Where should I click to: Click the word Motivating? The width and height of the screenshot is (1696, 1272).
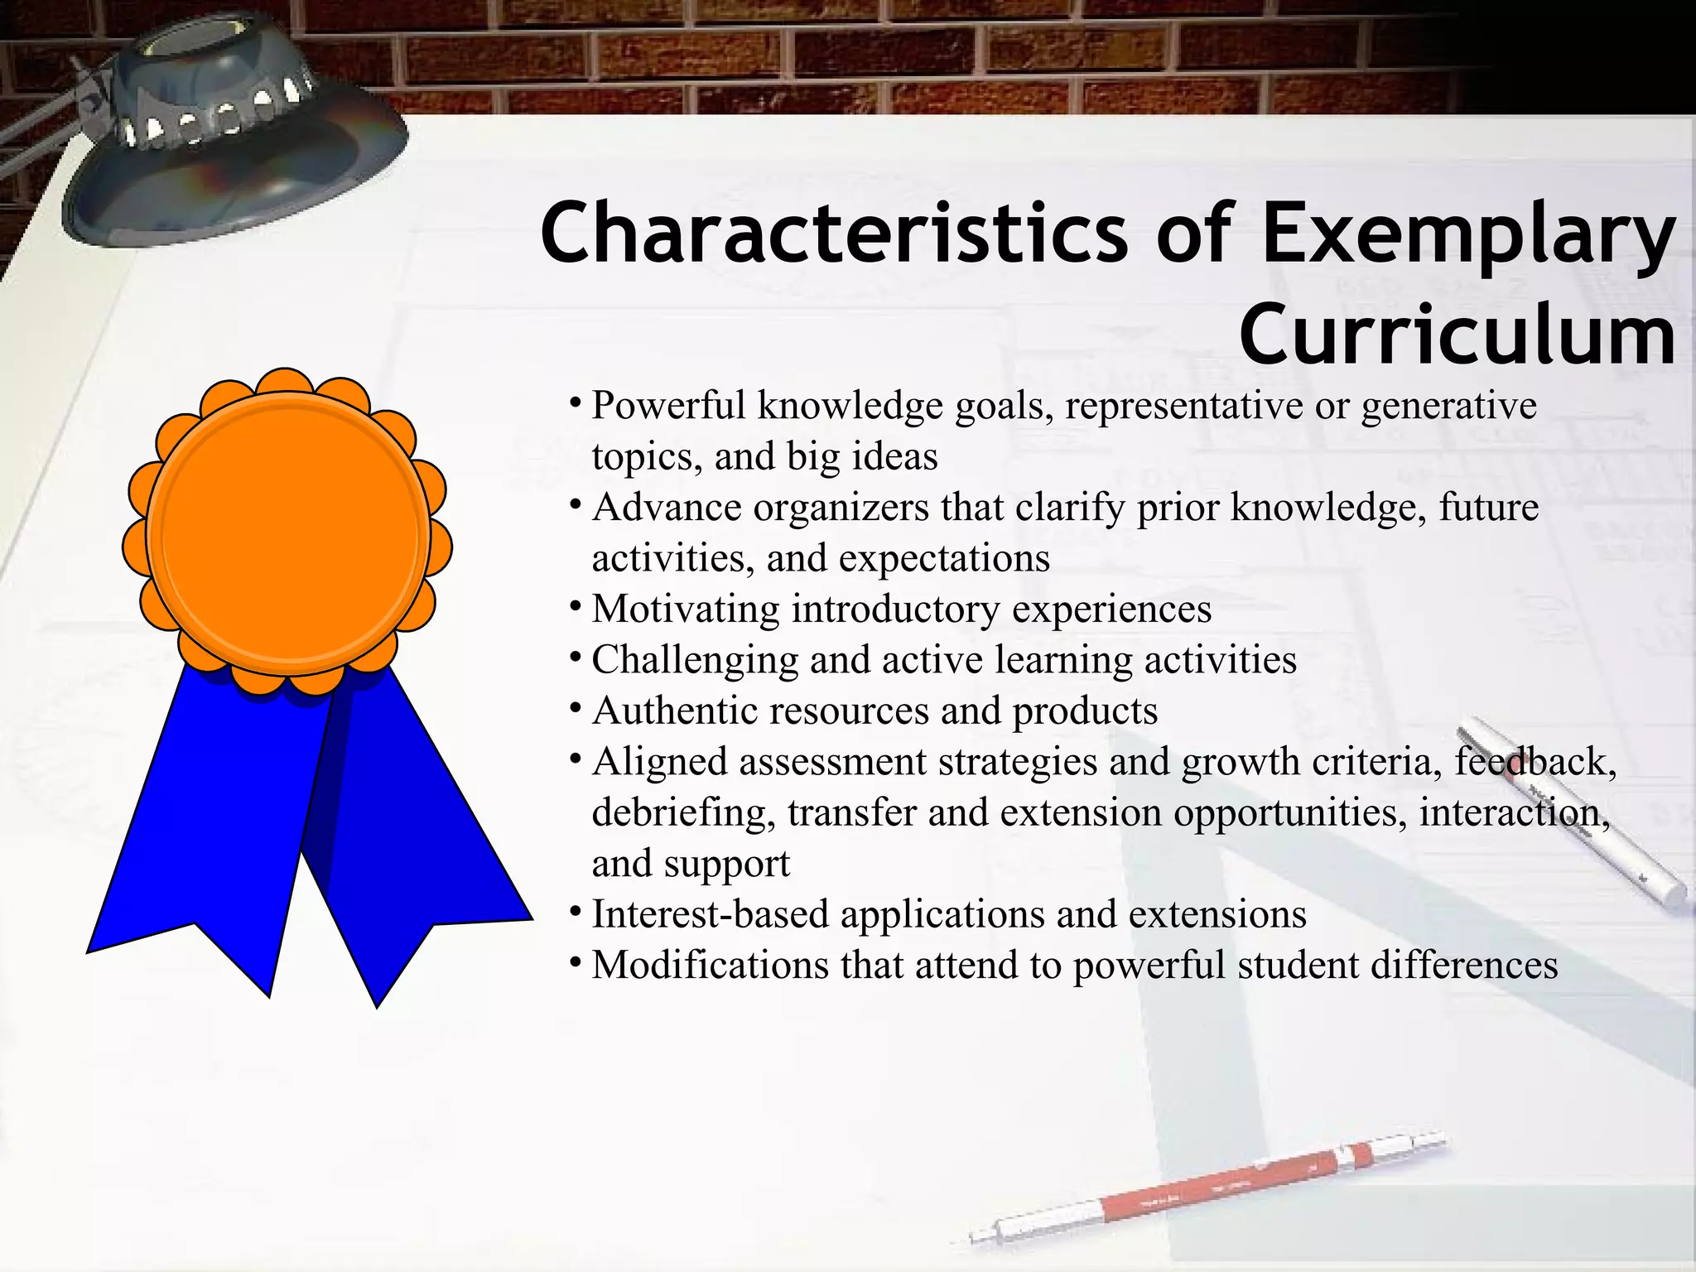[686, 609]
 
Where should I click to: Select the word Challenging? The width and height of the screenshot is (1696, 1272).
[695, 661]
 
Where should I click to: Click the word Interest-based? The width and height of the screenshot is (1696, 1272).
[710, 915]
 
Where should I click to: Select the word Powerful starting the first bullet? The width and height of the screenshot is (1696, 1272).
[669, 407]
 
